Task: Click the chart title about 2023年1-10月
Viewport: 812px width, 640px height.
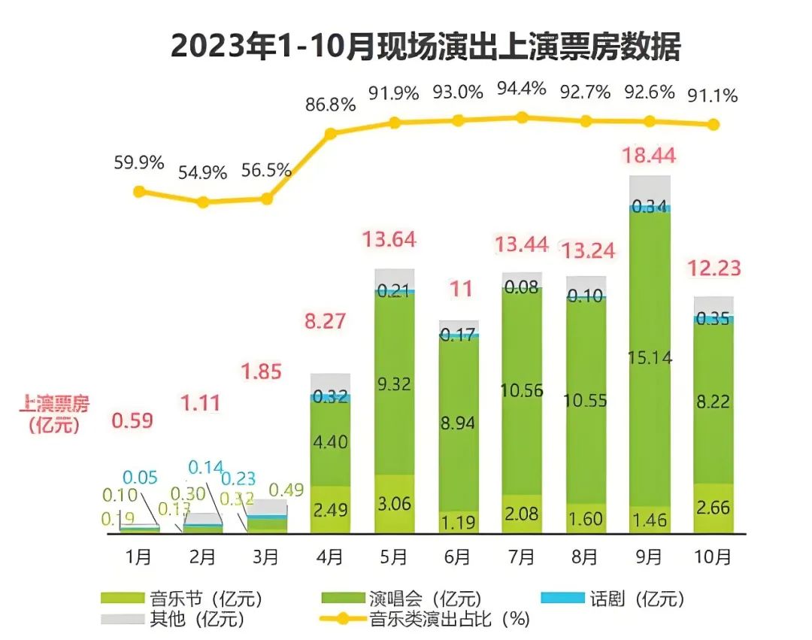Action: pyautogui.click(x=426, y=47)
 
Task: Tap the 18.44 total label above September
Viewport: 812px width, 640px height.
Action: pyautogui.click(x=649, y=156)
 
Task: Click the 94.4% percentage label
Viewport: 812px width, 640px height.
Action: pyautogui.click(x=522, y=89)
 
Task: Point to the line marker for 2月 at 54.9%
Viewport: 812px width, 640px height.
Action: pyautogui.click(x=202, y=202)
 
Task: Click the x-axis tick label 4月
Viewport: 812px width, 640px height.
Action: pyautogui.click(x=330, y=557)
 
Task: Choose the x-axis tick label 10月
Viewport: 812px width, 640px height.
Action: pyautogui.click(x=713, y=557)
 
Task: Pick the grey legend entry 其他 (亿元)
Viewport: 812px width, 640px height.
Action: pyautogui.click(x=172, y=620)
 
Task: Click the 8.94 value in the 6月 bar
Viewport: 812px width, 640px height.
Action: pyautogui.click(x=458, y=423)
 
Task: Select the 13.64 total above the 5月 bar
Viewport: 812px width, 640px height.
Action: pyautogui.click(x=389, y=240)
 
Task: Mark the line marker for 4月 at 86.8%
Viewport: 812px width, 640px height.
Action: pyautogui.click(x=330, y=134)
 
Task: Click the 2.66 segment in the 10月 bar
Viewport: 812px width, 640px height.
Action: pyautogui.click(x=713, y=508)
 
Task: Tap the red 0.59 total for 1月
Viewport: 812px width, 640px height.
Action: pyautogui.click(x=132, y=420)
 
